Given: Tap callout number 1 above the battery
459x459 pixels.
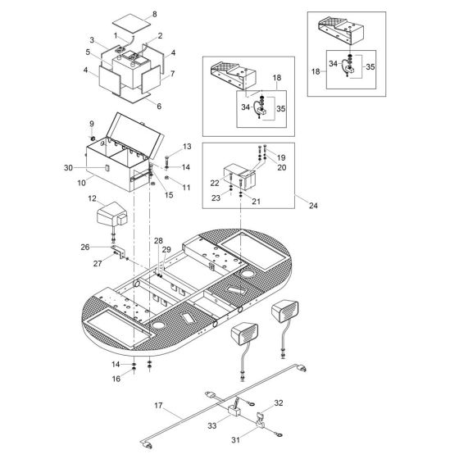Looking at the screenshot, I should click(116, 36).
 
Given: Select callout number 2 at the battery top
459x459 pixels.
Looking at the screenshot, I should click(160, 36).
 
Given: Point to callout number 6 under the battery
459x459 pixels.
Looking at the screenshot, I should click(158, 107).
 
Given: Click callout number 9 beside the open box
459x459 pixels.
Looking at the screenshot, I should click(92, 125).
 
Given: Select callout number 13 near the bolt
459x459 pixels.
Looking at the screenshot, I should click(186, 146).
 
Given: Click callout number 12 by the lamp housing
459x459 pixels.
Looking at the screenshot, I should click(92, 199).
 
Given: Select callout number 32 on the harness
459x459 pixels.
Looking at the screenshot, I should click(279, 403).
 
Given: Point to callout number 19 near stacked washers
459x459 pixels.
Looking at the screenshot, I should click(280, 157).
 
